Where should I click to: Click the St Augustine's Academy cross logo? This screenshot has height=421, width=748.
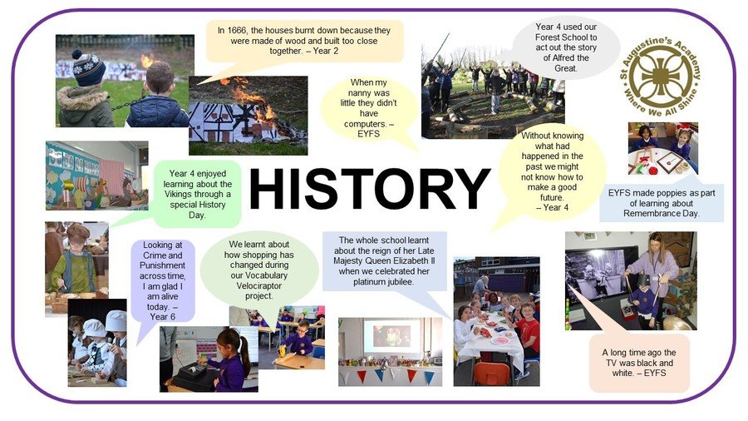pos(661,76)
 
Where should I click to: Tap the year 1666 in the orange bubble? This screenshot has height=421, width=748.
pos(236,31)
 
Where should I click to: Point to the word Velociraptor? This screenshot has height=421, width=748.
pos(259,285)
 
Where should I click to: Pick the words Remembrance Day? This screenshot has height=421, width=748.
pos(661,213)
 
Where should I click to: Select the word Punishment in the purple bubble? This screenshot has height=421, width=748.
pos(162,265)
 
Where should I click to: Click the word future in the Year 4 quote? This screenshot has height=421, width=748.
pos(551,197)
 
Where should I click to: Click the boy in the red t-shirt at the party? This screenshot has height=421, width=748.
pos(527,329)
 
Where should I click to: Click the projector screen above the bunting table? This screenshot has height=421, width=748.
pos(391,336)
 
